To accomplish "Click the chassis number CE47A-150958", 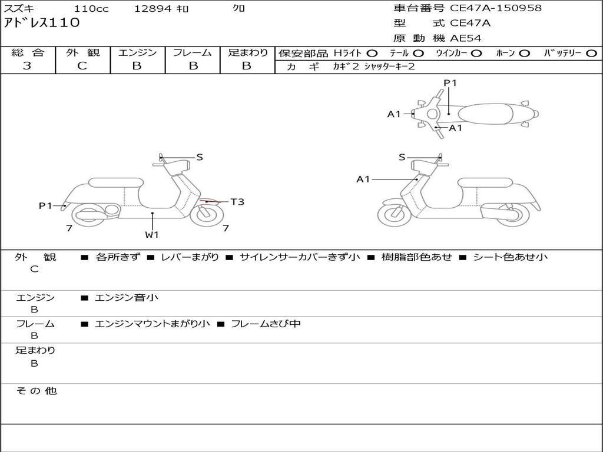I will pyautogui.click(x=495, y=8).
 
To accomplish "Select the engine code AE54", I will pyautogui.click(x=465, y=38).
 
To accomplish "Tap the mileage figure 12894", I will pyautogui.click(x=153, y=9).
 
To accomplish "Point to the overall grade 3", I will pyautogui.click(x=27, y=66).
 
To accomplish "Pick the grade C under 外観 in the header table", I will pyautogui.click(x=82, y=66).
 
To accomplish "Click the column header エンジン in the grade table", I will pyautogui.click(x=137, y=52).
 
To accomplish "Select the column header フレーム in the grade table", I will pyautogui.click(x=192, y=52).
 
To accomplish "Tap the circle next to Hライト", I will pyautogui.click(x=372, y=53).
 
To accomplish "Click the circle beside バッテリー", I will pyautogui.click(x=591, y=53).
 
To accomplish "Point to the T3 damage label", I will pyautogui.click(x=237, y=202).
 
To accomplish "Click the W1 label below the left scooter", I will pyautogui.click(x=152, y=235).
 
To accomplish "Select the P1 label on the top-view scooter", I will pyautogui.click(x=450, y=83).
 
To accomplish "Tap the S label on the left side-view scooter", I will pyautogui.click(x=200, y=157).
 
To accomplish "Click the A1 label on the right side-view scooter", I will pyautogui.click(x=363, y=179).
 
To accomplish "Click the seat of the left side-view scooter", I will pyautogui.click(x=115, y=182).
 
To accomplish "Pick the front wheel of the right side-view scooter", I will pyautogui.click(x=394, y=214).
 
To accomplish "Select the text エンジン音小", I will pyautogui.click(x=127, y=298).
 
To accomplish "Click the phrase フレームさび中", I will pyautogui.click(x=266, y=324).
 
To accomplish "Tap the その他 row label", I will pyautogui.click(x=36, y=391).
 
